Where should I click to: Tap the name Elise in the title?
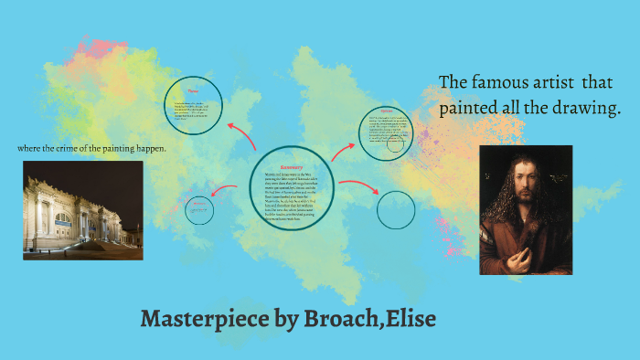409,320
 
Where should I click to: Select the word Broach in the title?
340,320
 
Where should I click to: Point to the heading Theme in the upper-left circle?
193,91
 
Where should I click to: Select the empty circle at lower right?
396,208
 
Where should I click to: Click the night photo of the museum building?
82,210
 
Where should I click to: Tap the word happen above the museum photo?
153,148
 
